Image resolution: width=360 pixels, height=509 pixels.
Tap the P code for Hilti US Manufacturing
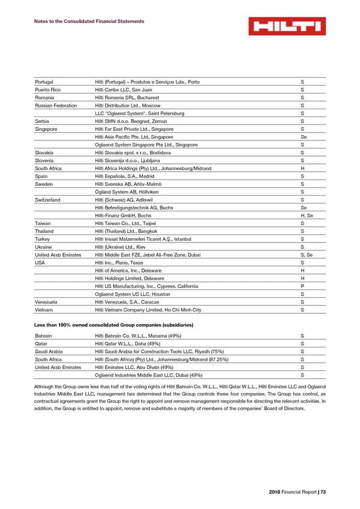pyautogui.click(x=302, y=286)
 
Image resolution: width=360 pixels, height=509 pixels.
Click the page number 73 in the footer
pyautogui.click(x=322, y=492)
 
